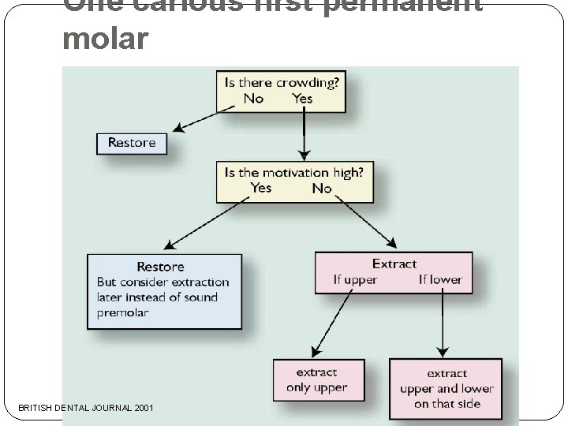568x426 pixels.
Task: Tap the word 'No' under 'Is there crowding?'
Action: coord(253,99)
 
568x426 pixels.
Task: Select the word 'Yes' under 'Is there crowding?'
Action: coord(302,99)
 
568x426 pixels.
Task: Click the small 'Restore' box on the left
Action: coord(132,143)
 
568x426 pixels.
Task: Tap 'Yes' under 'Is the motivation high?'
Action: coord(261,189)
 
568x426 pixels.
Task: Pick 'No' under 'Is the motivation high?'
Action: coord(322,189)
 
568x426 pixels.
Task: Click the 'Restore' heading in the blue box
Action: coord(160,267)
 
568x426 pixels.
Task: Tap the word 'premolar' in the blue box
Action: coord(122,312)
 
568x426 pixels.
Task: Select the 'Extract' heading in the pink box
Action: coord(394,264)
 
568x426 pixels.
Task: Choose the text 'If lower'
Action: coord(440,280)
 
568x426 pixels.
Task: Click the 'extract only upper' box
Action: coord(316,380)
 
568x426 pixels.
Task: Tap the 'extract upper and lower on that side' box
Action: coord(447,389)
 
